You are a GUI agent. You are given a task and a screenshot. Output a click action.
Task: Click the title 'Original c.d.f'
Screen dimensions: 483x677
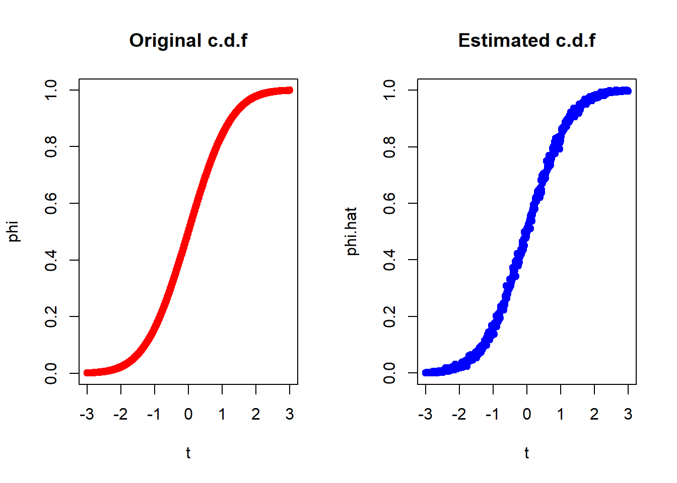coord(188,40)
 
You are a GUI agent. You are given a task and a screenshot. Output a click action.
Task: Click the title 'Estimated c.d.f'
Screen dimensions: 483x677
coord(526,40)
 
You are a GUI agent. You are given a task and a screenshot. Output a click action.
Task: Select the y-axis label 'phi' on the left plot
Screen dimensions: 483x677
coord(14,231)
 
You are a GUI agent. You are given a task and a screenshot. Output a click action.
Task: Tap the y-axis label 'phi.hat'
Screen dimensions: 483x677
coord(352,231)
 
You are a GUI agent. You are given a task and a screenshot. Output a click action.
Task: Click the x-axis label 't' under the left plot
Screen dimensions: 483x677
coord(188,453)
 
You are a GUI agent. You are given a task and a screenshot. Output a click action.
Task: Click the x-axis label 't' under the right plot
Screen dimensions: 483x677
coord(526,453)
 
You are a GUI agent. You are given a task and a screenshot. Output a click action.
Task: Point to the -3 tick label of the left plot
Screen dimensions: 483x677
coord(87,414)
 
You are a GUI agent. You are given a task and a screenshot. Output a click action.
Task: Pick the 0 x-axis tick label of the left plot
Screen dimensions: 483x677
coord(188,414)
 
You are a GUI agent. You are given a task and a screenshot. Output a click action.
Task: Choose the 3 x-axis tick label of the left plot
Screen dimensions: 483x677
coord(289,414)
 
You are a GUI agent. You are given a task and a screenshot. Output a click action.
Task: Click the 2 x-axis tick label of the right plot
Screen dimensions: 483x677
coord(594,414)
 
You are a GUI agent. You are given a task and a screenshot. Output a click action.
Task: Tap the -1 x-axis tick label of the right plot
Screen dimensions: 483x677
coord(492,414)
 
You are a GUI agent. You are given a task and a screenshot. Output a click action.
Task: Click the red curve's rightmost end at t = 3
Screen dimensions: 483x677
coord(289,90)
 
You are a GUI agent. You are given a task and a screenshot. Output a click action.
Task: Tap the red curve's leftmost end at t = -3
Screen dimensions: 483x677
coord(87,372)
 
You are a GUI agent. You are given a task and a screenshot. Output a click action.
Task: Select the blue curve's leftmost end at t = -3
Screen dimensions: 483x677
coord(426,372)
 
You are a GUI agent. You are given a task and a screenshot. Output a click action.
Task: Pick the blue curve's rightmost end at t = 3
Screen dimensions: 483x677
coord(628,91)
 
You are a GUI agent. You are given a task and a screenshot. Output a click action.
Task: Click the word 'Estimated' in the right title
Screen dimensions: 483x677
coord(503,40)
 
